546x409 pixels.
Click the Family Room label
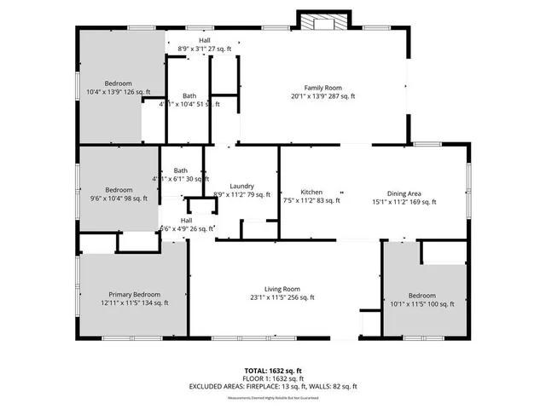click(x=322, y=88)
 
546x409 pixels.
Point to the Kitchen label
click(x=311, y=192)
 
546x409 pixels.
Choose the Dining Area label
click(x=404, y=192)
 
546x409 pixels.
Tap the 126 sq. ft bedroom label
click(x=118, y=84)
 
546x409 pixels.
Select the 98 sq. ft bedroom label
click(x=119, y=189)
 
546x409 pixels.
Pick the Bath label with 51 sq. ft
click(x=189, y=95)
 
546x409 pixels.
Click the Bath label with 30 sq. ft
click(x=180, y=170)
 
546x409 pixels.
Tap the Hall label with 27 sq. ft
click(x=205, y=40)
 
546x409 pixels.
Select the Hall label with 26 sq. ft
click(x=185, y=220)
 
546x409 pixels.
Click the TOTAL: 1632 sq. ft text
click(x=273, y=371)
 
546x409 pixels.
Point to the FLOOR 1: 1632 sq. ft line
click(x=273, y=378)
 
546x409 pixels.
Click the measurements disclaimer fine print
click(x=273, y=398)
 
